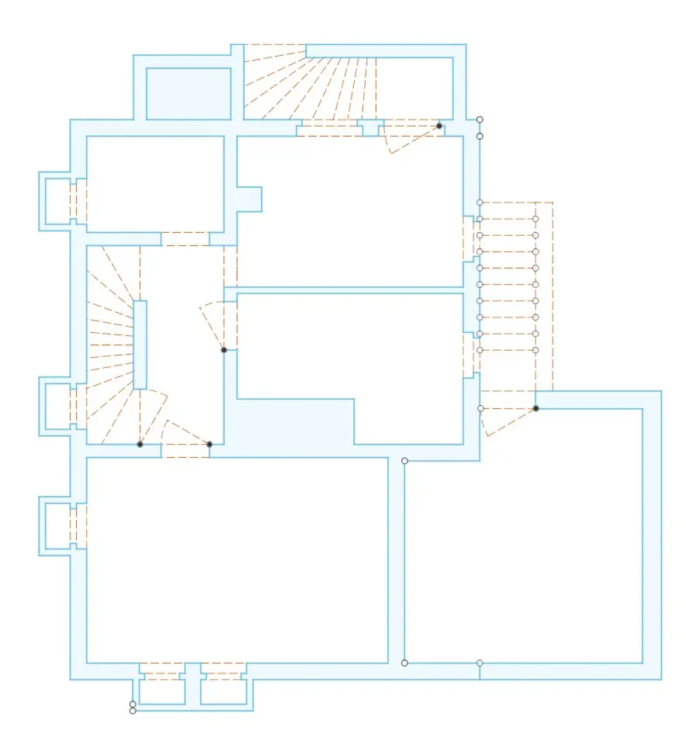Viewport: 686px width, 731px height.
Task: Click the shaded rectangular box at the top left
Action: click(189, 93)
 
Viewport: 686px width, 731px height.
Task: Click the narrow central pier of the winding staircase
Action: click(140, 345)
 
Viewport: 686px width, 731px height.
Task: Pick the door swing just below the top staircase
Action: click(411, 136)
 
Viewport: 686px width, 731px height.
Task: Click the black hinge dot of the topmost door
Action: click(439, 126)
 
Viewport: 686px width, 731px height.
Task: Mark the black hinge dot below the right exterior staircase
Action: click(535, 408)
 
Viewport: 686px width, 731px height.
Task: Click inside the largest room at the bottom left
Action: click(237, 559)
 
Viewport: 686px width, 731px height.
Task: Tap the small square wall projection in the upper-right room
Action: click(249, 199)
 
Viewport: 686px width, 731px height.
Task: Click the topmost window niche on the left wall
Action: click(57, 201)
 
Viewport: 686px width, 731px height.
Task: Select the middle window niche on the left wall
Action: click(57, 405)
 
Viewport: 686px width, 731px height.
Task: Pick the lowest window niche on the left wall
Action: click(57, 527)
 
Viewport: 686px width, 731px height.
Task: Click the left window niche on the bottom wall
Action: click(161, 690)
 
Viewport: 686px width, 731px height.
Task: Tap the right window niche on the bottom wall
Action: click(223, 690)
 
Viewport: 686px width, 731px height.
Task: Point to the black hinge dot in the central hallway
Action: click(223, 350)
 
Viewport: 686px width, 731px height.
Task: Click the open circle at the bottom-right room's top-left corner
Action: click(404, 461)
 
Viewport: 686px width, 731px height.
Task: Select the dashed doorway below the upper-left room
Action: click(185, 238)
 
